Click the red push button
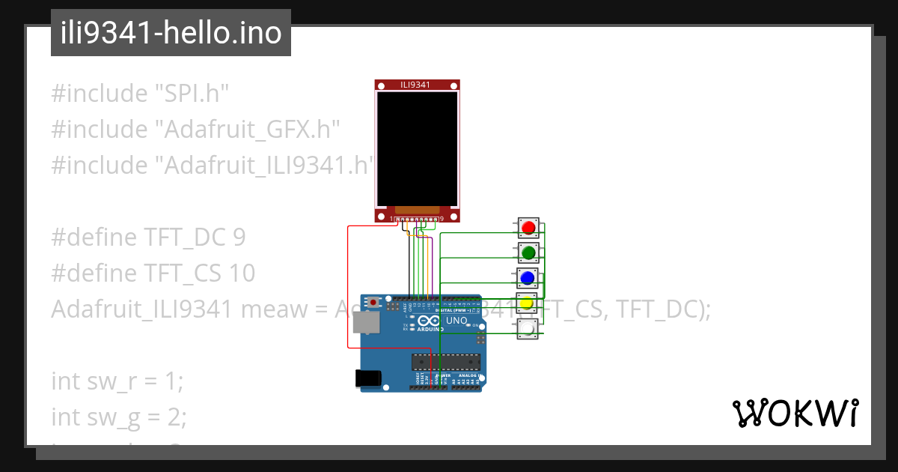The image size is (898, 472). pos(528,226)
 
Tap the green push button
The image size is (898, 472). pos(528,252)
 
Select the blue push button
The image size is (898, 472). pos(528,278)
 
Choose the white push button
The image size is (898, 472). pos(528,329)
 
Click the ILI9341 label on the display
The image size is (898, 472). pos(416,85)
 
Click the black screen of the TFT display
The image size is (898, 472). pos(416,148)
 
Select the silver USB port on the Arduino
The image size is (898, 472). pos(366,322)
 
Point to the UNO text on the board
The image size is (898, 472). pos(456,321)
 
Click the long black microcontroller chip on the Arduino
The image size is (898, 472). pos(445,361)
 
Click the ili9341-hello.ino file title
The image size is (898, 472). pos(171,33)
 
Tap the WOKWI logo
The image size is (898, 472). pos(795,413)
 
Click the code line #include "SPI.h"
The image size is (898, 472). pos(140,94)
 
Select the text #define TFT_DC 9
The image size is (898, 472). pos(148,237)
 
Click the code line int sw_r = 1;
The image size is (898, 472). pos(117,381)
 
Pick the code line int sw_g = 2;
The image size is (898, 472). pos(119,416)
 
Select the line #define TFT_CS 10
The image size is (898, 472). pos(153,273)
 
